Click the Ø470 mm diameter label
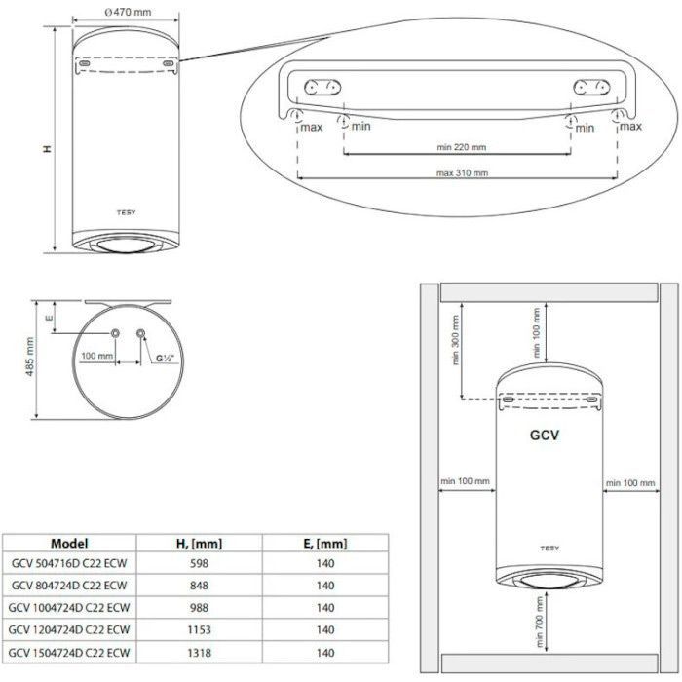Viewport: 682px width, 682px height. [128, 12]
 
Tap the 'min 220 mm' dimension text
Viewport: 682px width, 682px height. [462, 147]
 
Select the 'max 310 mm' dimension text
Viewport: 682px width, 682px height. [462, 173]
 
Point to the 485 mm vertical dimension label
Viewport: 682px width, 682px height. [29, 357]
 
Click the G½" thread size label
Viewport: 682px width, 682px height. [165, 359]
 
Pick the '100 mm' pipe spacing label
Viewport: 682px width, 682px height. [97, 356]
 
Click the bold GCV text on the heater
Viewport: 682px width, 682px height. [545, 435]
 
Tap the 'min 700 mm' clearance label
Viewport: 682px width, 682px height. [540, 622]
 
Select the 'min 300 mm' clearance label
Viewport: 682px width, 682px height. [455, 340]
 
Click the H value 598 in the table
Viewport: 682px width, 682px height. [199, 563]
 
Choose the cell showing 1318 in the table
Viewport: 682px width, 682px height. [199, 653]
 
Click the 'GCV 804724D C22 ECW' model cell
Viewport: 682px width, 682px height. [69, 586]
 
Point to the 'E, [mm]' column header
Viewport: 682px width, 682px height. [325, 544]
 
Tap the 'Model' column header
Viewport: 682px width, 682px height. [69, 544]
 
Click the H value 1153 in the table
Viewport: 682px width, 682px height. [199, 629]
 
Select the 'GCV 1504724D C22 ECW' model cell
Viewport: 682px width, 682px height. [69, 653]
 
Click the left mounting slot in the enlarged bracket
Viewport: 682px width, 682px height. [322, 87]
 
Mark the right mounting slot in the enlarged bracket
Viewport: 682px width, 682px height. [591, 87]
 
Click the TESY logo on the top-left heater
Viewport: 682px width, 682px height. [126, 212]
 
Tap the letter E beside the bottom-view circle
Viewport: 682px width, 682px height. [49, 317]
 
